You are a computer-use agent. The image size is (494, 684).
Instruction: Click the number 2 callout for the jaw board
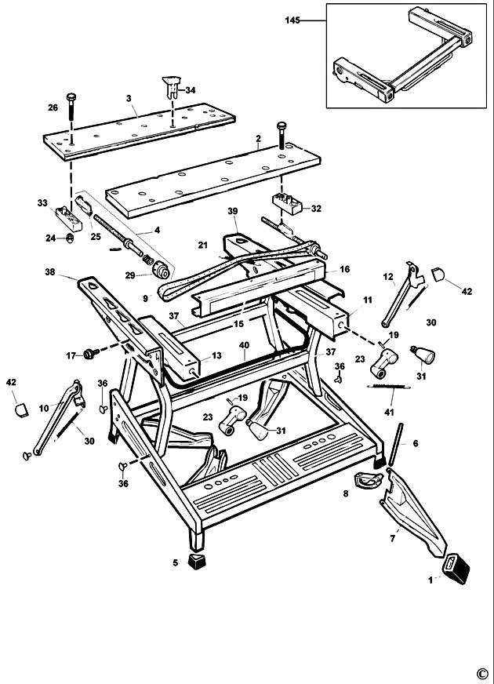[x=258, y=137]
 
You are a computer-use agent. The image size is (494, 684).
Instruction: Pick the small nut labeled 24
[x=69, y=238]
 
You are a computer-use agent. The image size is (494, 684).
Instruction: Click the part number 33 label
[x=42, y=202]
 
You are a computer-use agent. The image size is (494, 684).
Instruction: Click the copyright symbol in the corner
[x=481, y=671]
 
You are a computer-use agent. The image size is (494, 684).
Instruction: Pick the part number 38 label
[x=50, y=273]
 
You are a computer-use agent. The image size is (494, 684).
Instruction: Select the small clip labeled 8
[x=364, y=481]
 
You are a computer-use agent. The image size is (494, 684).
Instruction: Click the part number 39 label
[x=232, y=212]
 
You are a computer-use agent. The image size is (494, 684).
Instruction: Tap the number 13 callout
[x=216, y=356]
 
